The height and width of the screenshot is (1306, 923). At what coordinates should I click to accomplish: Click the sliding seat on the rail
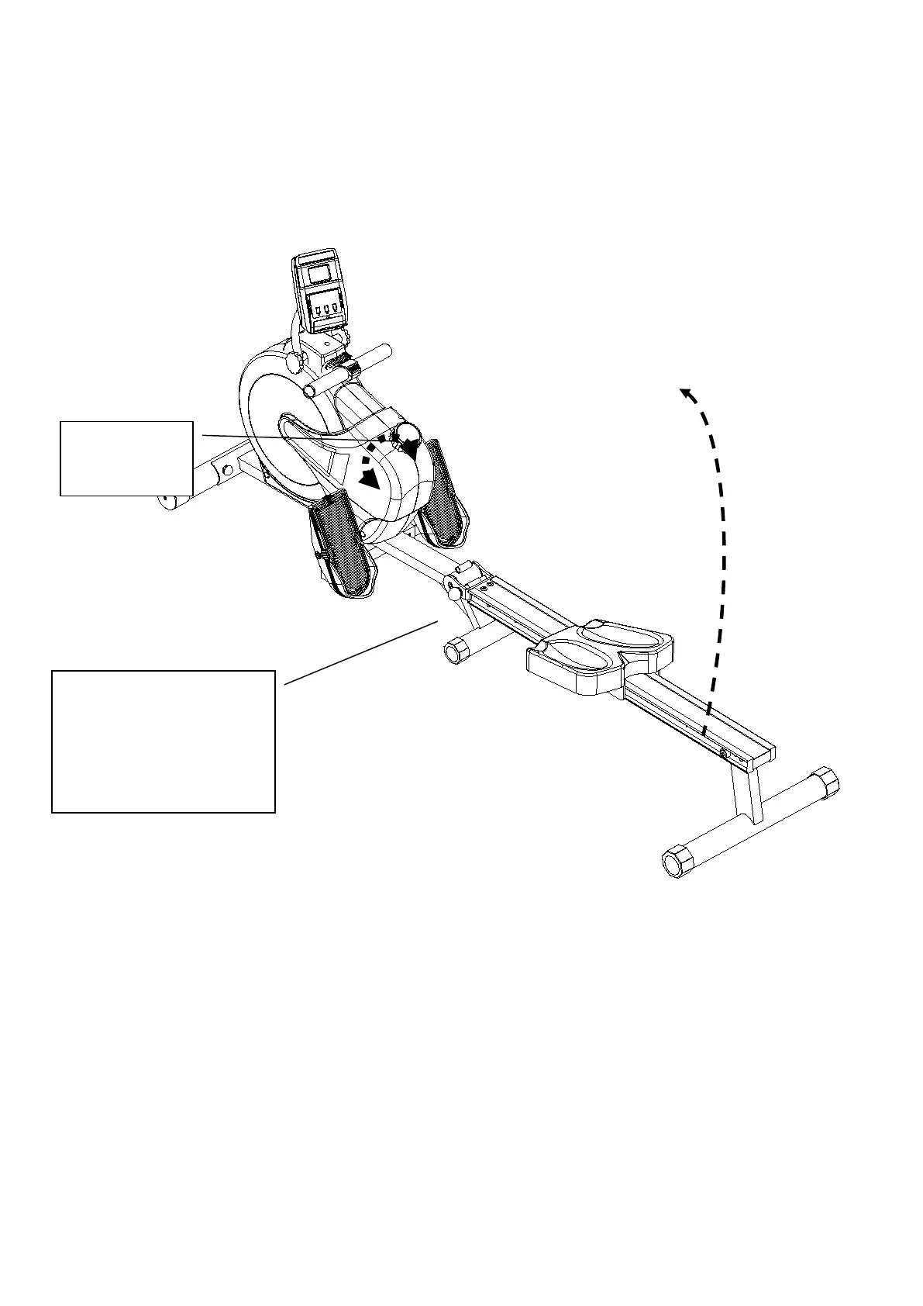pos(600,653)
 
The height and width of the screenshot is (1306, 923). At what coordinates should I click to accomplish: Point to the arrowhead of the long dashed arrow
pos(686,393)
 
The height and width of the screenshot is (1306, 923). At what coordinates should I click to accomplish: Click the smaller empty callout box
pos(126,458)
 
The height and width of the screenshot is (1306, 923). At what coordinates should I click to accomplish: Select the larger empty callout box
pos(163,741)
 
